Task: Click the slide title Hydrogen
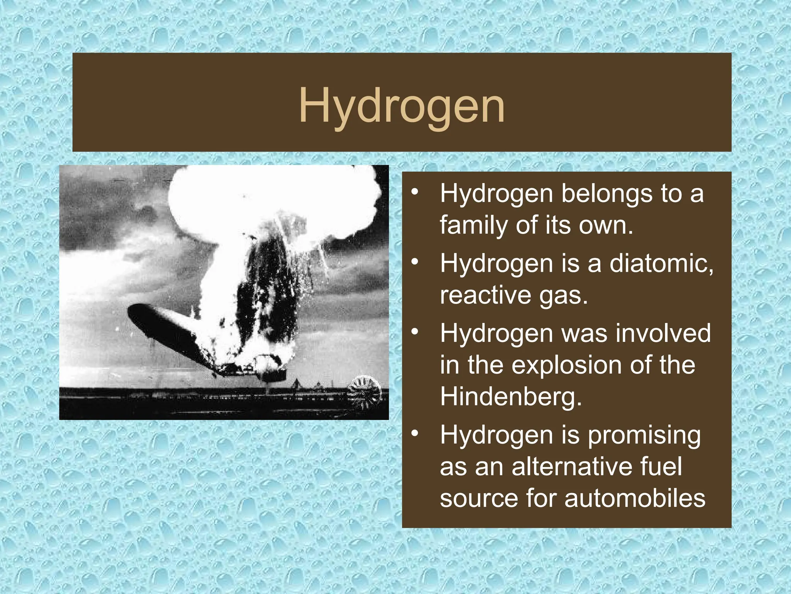[402, 106]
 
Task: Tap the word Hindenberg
[511, 396]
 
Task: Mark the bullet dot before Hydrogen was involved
[415, 332]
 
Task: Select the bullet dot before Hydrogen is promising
[415, 434]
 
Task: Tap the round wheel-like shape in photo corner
[364, 393]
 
